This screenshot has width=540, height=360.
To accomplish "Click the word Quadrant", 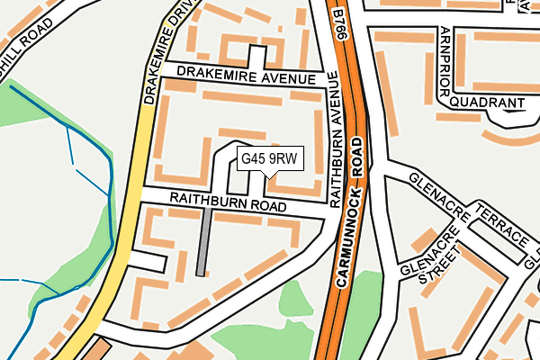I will coord(486,103).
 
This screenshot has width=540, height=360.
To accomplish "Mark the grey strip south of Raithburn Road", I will coord(203,241).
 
